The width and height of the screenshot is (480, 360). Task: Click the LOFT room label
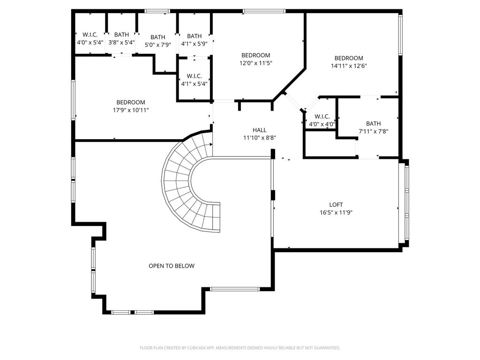coord(336,204)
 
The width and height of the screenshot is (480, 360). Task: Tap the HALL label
coord(259,130)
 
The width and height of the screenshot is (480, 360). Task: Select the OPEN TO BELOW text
coord(172,266)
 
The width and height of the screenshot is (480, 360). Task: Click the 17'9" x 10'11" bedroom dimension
coord(131,110)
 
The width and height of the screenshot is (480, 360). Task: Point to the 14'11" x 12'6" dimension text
coord(349,66)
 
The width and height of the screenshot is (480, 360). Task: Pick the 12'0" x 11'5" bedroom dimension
coord(255,63)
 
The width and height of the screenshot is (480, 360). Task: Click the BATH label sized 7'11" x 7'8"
coord(374,124)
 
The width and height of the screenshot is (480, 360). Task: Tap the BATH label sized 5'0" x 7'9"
coord(157,37)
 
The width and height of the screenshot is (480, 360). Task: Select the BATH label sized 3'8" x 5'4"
coord(121,35)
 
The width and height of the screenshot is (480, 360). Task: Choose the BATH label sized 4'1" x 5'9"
coord(194,36)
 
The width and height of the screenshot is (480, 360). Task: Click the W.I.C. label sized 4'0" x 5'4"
coord(90,35)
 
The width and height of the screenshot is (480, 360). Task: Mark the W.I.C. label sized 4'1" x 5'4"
coord(194,76)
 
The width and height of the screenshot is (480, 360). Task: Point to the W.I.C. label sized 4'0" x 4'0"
coord(322,116)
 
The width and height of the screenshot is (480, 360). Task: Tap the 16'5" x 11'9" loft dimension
coord(336,212)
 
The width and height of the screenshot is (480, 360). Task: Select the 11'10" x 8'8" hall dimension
coord(259,138)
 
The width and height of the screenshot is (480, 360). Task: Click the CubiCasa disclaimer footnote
coord(240,348)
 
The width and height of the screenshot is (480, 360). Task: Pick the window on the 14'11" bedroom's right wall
coord(400,35)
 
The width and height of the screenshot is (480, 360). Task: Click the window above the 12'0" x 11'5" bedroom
coord(264,11)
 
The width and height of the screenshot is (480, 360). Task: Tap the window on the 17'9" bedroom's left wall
coord(74,100)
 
